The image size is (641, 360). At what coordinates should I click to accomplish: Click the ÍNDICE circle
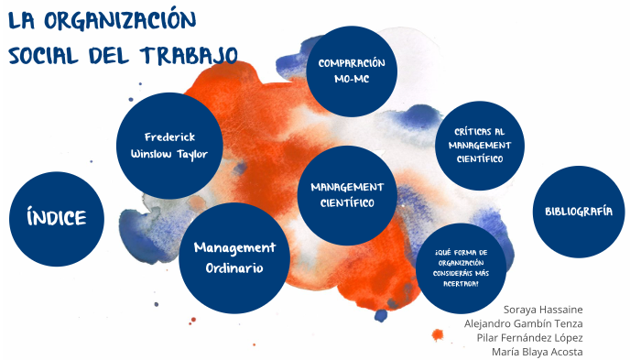pyautogui.click(x=57, y=218)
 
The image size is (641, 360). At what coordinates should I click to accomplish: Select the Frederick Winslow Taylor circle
pyautogui.click(x=170, y=146)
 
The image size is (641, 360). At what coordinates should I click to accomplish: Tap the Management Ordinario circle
pyautogui.click(x=234, y=258)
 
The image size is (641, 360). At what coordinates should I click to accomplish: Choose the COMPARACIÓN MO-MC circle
pyautogui.click(x=352, y=71)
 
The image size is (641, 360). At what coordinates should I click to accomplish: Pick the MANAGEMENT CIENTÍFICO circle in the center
pyautogui.click(x=347, y=194)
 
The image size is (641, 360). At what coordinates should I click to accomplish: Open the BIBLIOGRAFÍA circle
pyautogui.click(x=579, y=211)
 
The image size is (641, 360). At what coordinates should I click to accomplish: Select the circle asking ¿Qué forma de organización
pyautogui.click(x=462, y=267)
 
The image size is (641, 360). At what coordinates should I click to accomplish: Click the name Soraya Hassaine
pyautogui.click(x=543, y=309)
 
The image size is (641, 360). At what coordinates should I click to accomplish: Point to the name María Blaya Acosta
pyautogui.click(x=537, y=352)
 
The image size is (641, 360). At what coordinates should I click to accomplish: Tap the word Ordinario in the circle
pyautogui.click(x=234, y=268)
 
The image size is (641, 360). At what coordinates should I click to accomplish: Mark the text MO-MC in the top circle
pyautogui.click(x=352, y=80)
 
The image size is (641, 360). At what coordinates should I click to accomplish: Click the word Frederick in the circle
pyautogui.click(x=170, y=136)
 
